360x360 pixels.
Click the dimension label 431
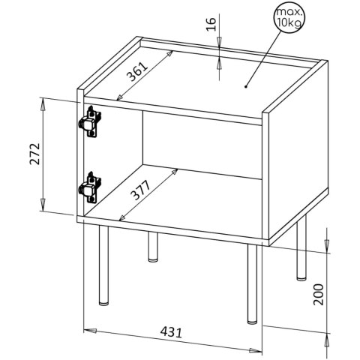point(171,331)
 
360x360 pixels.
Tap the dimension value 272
point(35,154)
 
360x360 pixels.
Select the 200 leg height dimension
point(318,294)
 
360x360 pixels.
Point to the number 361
point(137,72)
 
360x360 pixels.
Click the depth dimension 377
point(141,190)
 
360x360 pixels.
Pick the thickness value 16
point(211,24)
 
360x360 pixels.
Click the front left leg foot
point(103,304)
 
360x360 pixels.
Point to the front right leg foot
point(252,322)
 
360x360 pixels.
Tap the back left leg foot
point(153,260)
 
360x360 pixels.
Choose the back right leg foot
point(301,278)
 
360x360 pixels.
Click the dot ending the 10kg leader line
point(246,87)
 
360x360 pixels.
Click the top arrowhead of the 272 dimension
point(43,103)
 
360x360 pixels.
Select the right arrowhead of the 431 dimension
point(256,351)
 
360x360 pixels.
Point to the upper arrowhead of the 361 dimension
point(169,54)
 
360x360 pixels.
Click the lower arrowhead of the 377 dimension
point(122,218)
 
